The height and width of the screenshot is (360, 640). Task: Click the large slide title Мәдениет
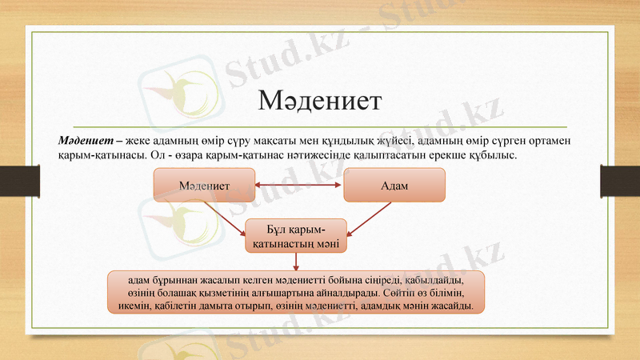click(319, 102)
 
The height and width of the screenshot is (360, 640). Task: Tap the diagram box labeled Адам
click(394, 185)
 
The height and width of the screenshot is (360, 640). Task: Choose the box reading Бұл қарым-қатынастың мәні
click(296, 235)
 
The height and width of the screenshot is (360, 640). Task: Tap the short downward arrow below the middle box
click(297, 262)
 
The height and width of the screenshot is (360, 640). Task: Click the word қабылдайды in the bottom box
click(432, 280)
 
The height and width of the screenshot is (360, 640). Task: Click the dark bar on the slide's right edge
click(621, 178)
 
